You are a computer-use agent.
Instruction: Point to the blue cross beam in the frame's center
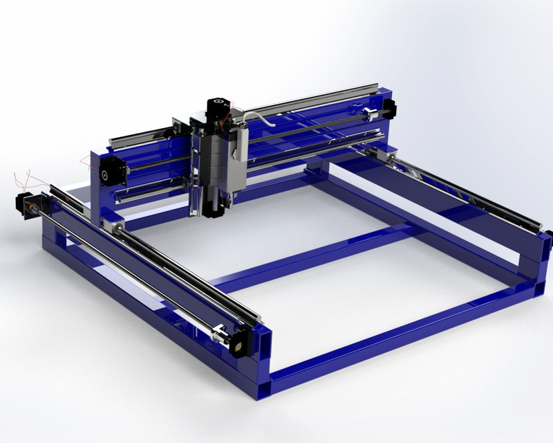point(311,256)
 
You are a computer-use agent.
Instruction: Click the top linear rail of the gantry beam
point(311,101)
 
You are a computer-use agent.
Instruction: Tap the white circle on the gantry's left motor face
point(107,173)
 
